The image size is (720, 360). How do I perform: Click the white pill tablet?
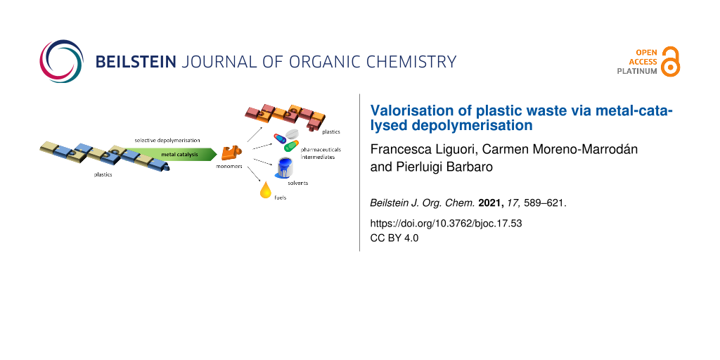pyautogui.click(x=292, y=134)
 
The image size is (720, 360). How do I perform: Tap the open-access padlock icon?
pyautogui.click(x=671, y=61)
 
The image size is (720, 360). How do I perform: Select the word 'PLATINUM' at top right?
pyautogui.click(x=637, y=71)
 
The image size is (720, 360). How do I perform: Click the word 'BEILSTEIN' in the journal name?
pyautogui.click(x=135, y=62)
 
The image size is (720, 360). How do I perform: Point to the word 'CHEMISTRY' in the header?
pyautogui.click(x=408, y=62)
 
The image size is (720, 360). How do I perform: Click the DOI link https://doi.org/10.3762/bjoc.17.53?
pyautogui.click(x=446, y=224)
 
